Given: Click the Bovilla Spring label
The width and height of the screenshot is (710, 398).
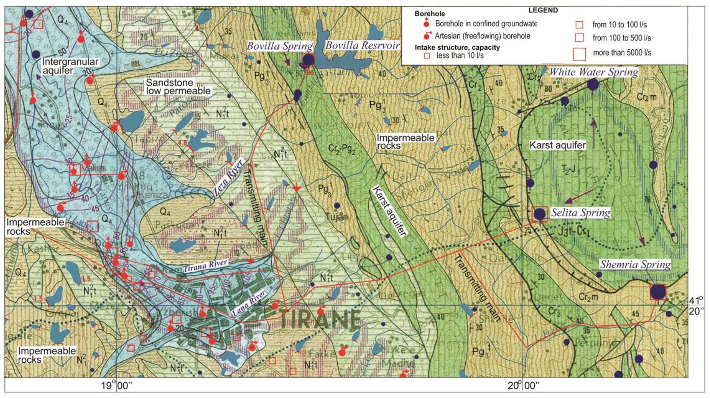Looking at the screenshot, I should coord(279,46).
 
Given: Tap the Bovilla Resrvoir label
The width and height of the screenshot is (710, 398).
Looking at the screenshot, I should coord(362,45).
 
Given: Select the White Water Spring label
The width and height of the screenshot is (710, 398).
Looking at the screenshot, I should coord(593,72).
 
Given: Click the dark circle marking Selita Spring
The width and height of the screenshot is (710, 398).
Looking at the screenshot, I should coord(539,214).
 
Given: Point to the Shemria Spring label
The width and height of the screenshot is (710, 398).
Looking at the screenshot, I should coord(635,264).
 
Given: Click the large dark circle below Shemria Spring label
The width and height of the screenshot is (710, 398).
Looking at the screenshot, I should coord(658,292).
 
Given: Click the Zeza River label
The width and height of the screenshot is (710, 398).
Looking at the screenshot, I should coord(228,177).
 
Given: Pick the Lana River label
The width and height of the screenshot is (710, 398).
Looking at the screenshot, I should coord(249,303).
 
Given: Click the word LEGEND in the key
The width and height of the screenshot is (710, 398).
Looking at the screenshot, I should coord(543,10).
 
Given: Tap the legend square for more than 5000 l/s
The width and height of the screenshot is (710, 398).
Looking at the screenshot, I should coord(579,54).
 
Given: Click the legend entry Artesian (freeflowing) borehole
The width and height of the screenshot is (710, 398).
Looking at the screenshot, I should coord(482,36).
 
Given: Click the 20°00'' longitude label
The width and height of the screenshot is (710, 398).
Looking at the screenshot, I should coord(523,386).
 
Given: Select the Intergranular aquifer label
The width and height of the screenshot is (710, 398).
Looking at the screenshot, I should coord(70,66).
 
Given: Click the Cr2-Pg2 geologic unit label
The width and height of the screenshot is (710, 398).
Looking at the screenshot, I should coord(342,149).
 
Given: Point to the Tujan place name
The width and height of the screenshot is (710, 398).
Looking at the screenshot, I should coord(336,217).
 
